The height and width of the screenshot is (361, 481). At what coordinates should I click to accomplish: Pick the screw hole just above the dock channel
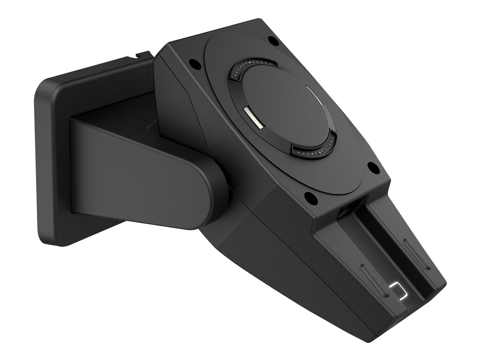point(309,197)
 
